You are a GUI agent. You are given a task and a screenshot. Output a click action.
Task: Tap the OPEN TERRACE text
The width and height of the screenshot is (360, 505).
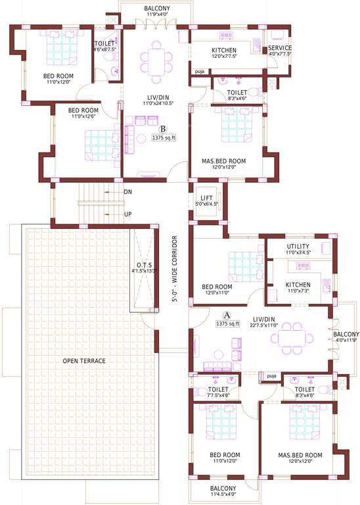pos(83,361)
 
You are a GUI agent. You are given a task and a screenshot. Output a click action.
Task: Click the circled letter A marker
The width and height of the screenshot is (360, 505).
pos(228,314)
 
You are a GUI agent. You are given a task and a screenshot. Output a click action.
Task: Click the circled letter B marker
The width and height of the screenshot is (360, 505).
pos(163,129)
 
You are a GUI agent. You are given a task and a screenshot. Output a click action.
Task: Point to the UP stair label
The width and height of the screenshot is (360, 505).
pos(128,214)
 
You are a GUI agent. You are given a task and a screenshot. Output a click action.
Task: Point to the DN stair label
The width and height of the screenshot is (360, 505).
pos(128,192)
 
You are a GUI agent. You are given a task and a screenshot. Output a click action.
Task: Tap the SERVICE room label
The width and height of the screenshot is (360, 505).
pos(279,48)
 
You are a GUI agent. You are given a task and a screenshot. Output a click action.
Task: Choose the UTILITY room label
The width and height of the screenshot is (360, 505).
pos(298,246)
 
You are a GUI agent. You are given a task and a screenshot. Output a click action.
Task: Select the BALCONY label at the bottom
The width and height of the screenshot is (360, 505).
pos(223,489)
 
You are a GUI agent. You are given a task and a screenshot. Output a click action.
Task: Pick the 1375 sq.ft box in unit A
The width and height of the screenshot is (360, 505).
pos(227,324)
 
